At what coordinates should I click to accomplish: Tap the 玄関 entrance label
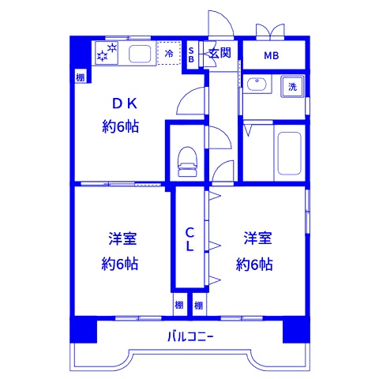point(220,54)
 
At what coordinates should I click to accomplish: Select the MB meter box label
point(271,55)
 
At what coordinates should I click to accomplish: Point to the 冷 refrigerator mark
point(170,53)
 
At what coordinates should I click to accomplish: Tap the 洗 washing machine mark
point(293,86)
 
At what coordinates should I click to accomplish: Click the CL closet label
point(189,238)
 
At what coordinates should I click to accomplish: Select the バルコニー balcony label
point(190,337)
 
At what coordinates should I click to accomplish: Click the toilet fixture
point(187,158)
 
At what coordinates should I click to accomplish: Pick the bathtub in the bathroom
point(289,153)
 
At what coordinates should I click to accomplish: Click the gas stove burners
point(107,53)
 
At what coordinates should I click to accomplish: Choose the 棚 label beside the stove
point(81,77)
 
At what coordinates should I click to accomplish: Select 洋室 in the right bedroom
point(255,237)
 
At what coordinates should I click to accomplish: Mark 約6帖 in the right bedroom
point(255,264)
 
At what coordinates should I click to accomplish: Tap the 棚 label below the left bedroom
point(180,305)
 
